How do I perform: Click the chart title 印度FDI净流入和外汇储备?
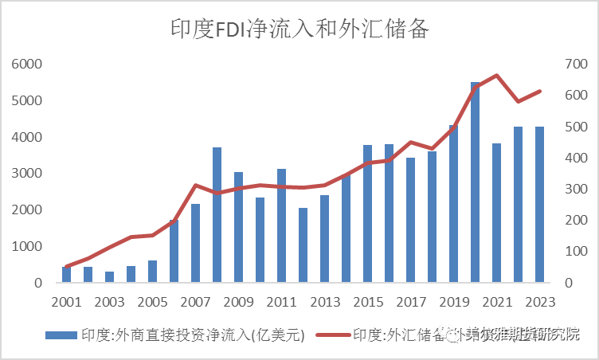pyautogui.click(x=299, y=30)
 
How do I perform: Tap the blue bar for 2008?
pyautogui.click(x=217, y=214)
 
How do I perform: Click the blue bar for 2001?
pyautogui.click(x=67, y=275)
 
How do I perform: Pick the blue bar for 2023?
pyautogui.click(x=540, y=204)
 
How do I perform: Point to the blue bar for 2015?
pyautogui.click(x=368, y=213)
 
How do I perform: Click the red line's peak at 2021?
pyautogui.click(x=497, y=76)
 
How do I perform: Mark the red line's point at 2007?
pyautogui.click(x=196, y=186)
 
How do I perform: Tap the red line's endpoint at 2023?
pyautogui.click(x=540, y=92)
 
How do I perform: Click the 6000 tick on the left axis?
pyautogui.click(x=27, y=65)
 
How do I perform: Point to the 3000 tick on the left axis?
pyautogui.click(x=27, y=174)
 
